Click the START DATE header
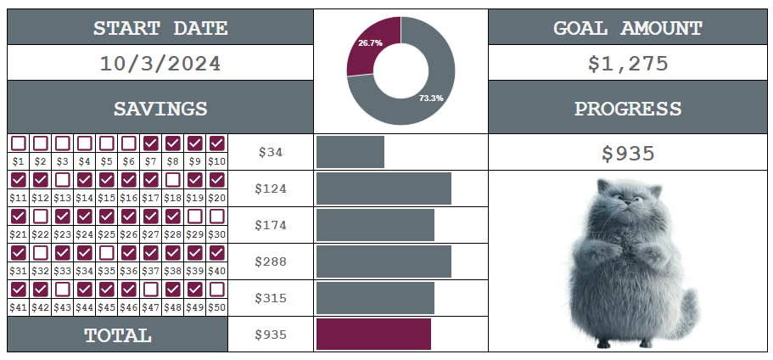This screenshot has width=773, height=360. (x=160, y=28)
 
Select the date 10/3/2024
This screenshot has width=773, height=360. (x=160, y=64)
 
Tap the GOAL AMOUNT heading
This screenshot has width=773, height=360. (x=628, y=28)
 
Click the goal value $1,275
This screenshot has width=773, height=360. (x=628, y=64)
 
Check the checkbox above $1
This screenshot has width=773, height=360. (x=19, y=143)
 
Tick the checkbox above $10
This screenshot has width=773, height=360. (x=217, y=143)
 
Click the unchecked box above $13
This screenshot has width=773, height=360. (x=63, y=180)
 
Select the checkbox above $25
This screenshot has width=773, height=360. (x=107, y=217)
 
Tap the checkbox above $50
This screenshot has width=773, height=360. (x=217, y=290)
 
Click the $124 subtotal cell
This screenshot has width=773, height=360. (x=271, y=188)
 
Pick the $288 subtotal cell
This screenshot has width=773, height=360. (x=271, y=262)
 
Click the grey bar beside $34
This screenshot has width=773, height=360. (x=350, y=152)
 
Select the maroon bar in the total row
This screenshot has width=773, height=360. (x=373, y=335)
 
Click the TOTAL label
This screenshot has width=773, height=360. (x=118, y=335)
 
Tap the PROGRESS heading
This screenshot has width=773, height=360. (x=628, y=109)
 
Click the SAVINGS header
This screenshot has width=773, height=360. (x=160, y=109)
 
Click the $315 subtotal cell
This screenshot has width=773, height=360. (x=271, y=298)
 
